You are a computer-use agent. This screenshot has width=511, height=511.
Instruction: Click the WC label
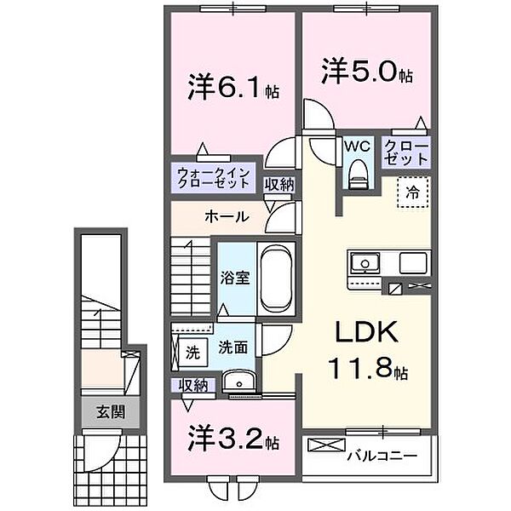point(356,146)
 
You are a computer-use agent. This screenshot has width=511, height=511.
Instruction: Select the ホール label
point(226,216)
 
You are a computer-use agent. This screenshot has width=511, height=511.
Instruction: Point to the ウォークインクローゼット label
point(213,180)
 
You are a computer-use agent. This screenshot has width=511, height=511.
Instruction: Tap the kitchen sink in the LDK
point(364,261)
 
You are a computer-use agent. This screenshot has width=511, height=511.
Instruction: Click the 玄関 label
point(110,412)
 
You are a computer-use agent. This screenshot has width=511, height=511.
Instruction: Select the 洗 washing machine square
point(192,348)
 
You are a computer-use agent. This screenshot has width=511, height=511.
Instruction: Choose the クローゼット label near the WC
point(405,152)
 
